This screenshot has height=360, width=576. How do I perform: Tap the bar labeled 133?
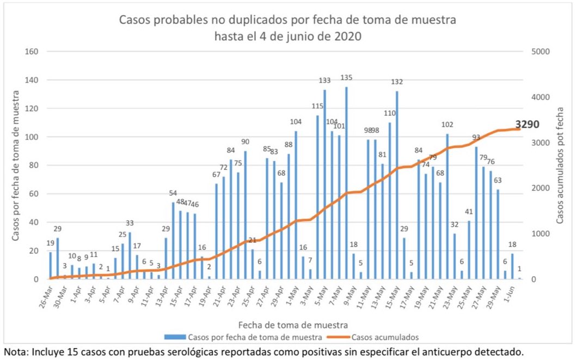pos(324,185)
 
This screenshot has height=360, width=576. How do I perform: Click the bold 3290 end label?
pos(527,125)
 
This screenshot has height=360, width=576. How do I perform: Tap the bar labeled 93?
pos(476,213)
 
